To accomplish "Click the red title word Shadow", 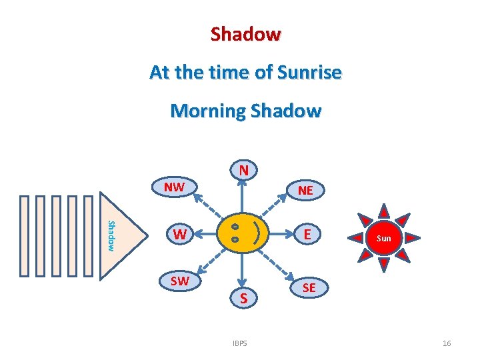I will tap(245, 34).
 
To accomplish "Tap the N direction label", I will tap(244, 171).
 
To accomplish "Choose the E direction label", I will tap(307, 234).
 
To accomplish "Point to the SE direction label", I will tap(309, 287).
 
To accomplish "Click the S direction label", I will tap(244, 299).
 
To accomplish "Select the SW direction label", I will tap(179, 281).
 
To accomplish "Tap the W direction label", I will tap(179, 235).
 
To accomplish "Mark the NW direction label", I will tap(174, 187).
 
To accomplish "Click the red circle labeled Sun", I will tap(383, 238).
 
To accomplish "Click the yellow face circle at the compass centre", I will tap(243, 234).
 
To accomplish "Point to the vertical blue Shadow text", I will tap(111, 235).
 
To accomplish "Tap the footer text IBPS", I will tap(240, 343).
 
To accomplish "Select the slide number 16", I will tap(447, 343).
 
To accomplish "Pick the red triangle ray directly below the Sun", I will tap(383, 265).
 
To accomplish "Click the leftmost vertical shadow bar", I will tap(25, 235).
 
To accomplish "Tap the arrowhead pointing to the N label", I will tap(244, 185).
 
